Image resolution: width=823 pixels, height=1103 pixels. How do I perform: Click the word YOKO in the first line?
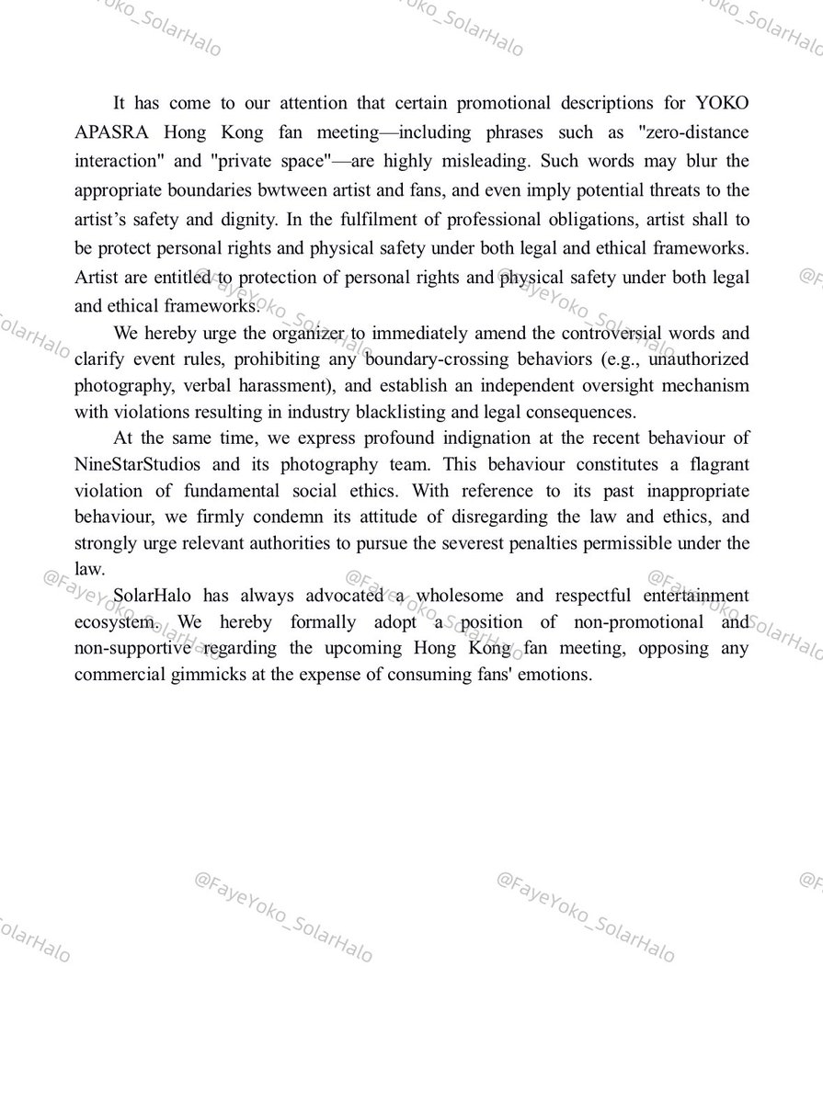[x=723, y=103]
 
